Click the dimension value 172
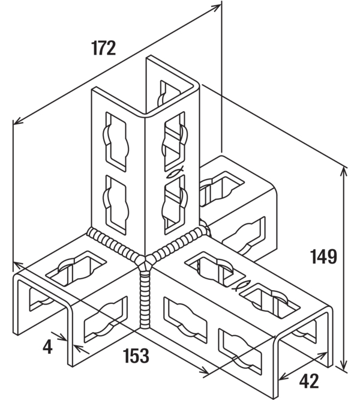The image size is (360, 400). click(104, 48)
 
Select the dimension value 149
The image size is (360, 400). click(323, 256)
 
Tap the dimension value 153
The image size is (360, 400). click(136, 356)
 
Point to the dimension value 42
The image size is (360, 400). click(309, 381)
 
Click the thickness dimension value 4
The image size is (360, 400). click(47, 347)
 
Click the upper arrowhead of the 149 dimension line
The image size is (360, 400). click(344, 172)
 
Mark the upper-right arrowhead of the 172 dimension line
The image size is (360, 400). click(216, 7)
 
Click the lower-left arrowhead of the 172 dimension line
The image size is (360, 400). click(18, 121)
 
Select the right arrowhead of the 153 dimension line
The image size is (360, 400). click(204, 371)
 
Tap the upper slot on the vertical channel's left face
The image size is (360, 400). click(115, 142)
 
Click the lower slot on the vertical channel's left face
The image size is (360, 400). click(115, 205)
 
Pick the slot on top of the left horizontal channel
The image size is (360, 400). click(76, 268)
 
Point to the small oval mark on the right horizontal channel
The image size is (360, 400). click(241, 285)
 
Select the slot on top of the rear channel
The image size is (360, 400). click(221, 187)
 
